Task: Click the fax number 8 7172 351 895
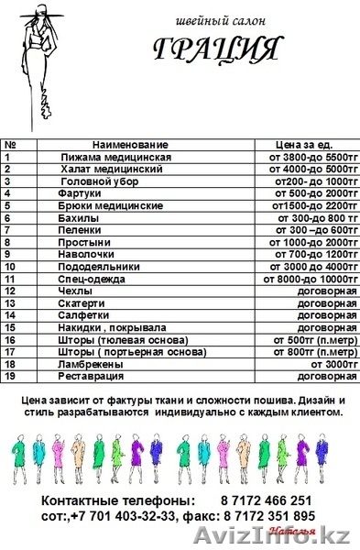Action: pyautogui.click(x=271, y=516)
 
